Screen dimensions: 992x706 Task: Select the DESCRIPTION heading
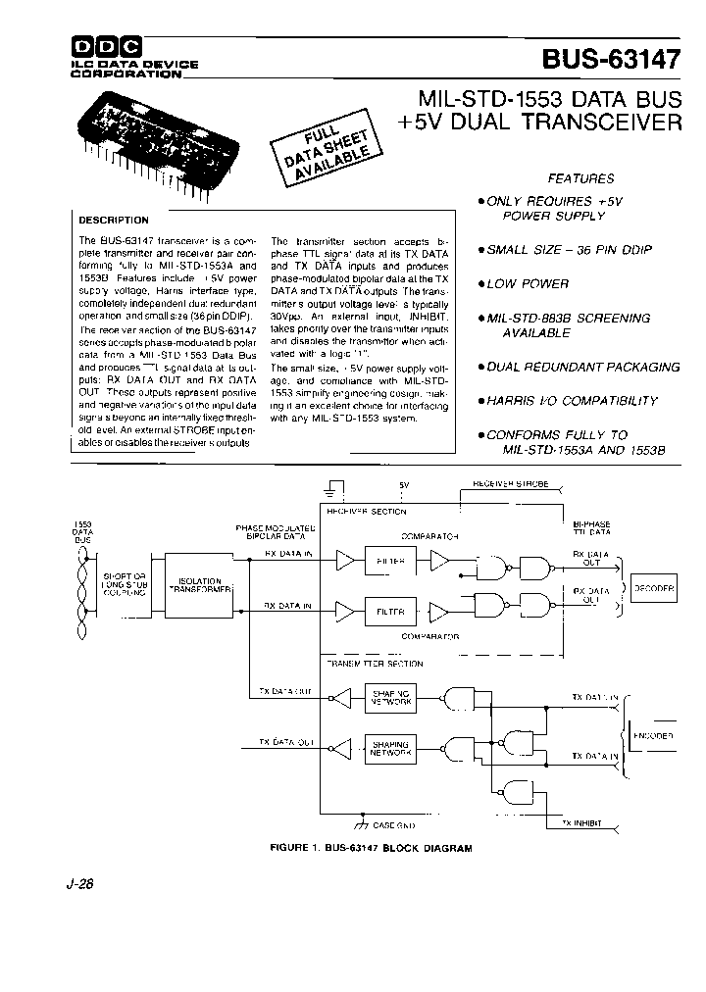pos(114,221)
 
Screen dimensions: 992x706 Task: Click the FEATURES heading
pos(581,178)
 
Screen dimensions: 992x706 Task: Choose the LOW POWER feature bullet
pos(529,283)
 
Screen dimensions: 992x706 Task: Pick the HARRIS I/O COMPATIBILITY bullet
pos(573,400)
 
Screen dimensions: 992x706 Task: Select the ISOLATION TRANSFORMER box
pos(199,585)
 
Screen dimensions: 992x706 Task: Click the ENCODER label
pos(653,734)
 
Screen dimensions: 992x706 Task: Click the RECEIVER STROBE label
pos(511,483)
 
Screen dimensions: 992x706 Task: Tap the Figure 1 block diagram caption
pos(358,848)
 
